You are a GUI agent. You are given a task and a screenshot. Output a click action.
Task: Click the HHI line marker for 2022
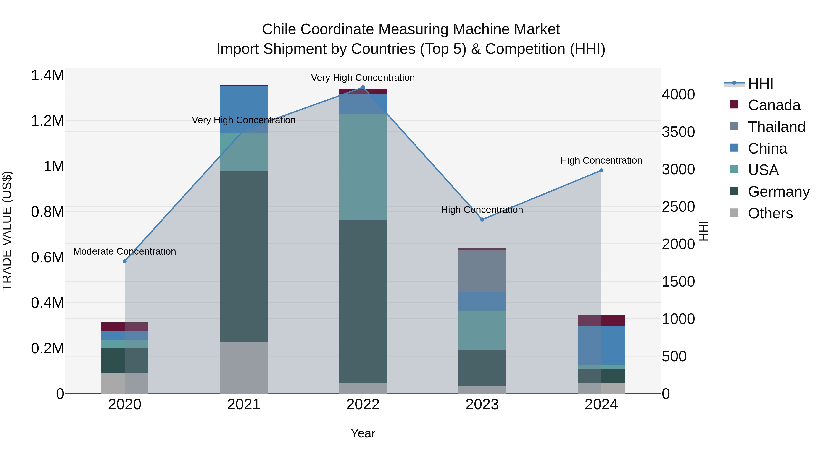[x=363, y=87]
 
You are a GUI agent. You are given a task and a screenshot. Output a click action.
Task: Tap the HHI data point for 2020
[x=125, y=261]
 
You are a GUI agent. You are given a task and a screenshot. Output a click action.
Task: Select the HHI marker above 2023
[x=482, y=219]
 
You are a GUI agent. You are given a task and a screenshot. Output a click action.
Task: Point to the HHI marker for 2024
[x=601, y=170]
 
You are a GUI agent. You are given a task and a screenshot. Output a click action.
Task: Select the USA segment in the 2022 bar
[x=363, y=167]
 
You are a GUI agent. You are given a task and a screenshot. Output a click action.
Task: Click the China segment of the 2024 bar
[x=601, y=345]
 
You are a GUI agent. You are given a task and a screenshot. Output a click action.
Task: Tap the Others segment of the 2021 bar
[x=244, y=367]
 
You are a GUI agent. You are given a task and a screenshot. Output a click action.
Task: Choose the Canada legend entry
[x=774, y=105]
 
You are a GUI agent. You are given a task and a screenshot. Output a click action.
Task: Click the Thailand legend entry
[x=776, y=127]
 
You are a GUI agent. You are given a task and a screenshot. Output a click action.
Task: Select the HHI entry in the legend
[x=760, y=84]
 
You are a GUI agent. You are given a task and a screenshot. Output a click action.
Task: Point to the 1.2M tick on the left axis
[x=47, y=121]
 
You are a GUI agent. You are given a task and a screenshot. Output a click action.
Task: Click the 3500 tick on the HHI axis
[x=678, y=132]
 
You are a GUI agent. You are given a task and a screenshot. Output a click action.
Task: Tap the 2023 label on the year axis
[x=482, y=405]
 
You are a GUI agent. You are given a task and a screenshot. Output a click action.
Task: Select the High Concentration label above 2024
[x=601, y=160]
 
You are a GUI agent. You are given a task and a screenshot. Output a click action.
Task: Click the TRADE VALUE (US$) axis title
[x=7, y=231]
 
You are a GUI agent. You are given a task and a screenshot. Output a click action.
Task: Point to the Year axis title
[x=363, y=433]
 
